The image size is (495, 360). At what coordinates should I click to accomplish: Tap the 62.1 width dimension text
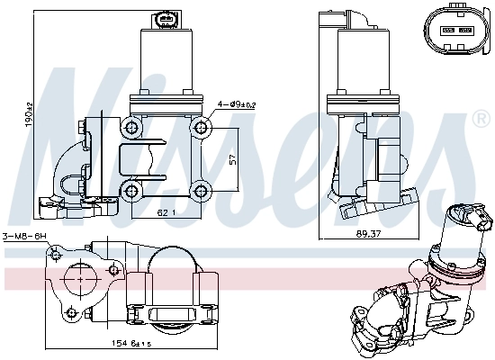[x=164, y=213]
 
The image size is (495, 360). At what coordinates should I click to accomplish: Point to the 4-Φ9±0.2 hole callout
[x=236, y=104]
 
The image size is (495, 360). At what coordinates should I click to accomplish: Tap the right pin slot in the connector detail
[x=465, y=29]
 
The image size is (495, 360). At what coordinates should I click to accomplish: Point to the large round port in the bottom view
[x=83, y=286]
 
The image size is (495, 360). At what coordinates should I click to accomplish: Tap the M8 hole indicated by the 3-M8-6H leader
[x=58, y=257]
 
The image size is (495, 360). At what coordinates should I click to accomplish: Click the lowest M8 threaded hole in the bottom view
[x=72, y=314]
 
